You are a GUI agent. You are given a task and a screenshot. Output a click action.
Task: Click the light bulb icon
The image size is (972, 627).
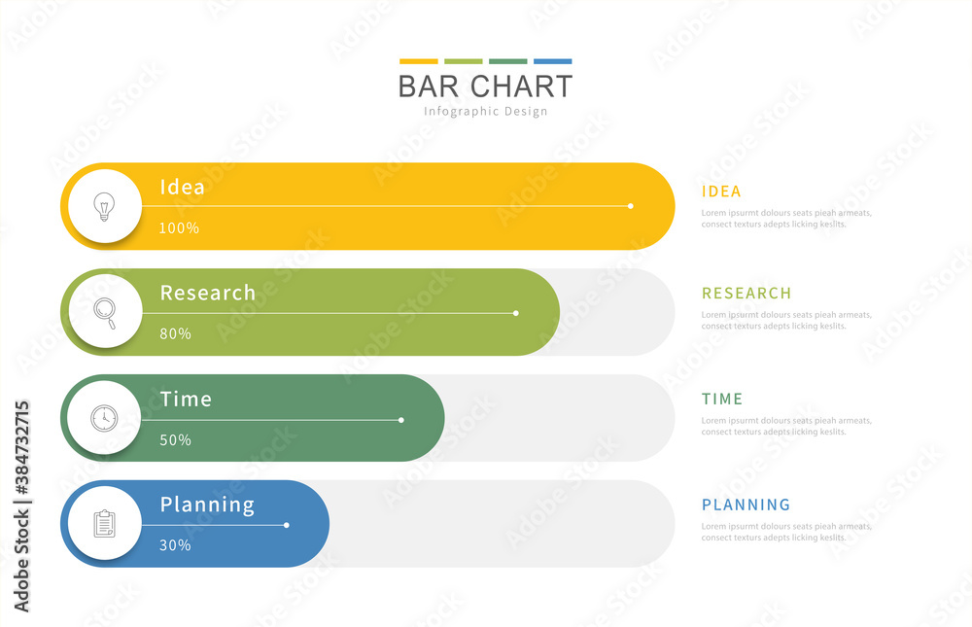(x=103, y=206)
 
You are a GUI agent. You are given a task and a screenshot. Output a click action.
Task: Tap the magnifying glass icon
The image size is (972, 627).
(x=104, y=312)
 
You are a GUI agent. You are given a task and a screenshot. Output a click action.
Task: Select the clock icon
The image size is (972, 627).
(x=103, y=418)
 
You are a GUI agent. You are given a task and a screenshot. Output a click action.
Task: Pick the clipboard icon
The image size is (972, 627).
(x=104, y=524)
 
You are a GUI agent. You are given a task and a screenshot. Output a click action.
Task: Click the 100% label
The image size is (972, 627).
(x=179, y=227)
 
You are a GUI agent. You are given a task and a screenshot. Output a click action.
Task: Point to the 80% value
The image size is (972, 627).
(x=175, y=333)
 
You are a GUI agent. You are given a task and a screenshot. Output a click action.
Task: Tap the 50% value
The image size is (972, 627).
(x=175, y=439)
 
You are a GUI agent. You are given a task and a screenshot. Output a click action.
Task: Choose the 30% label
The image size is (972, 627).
(x=175, y=545)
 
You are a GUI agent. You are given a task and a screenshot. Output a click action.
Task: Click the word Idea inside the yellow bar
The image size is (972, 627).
(x=182, y=187)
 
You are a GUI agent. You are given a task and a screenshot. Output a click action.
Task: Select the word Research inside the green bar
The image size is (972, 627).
(x=208, y=293)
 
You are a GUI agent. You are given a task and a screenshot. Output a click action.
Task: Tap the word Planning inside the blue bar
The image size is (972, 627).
(x=207, y=505)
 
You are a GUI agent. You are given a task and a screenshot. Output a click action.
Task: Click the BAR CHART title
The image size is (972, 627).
(x=485, y=87)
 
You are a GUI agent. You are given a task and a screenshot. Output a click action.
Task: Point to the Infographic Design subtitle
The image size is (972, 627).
(x=485, y=112)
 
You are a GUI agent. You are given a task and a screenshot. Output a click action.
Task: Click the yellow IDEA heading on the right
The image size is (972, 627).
(x=721, y=192)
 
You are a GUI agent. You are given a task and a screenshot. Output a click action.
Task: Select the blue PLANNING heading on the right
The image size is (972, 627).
(x=746, y=505)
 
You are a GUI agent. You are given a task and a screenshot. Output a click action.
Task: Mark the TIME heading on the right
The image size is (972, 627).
(x=722, y=399)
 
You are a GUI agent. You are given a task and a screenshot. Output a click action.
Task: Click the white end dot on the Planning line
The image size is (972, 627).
(x=287, y=525)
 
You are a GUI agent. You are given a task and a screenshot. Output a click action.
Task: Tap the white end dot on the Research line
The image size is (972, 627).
(x=516, y=313)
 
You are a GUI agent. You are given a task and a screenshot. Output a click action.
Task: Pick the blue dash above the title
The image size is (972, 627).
(x=552, y=61)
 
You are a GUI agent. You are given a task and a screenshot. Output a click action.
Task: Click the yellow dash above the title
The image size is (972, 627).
(x=418, y=61)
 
